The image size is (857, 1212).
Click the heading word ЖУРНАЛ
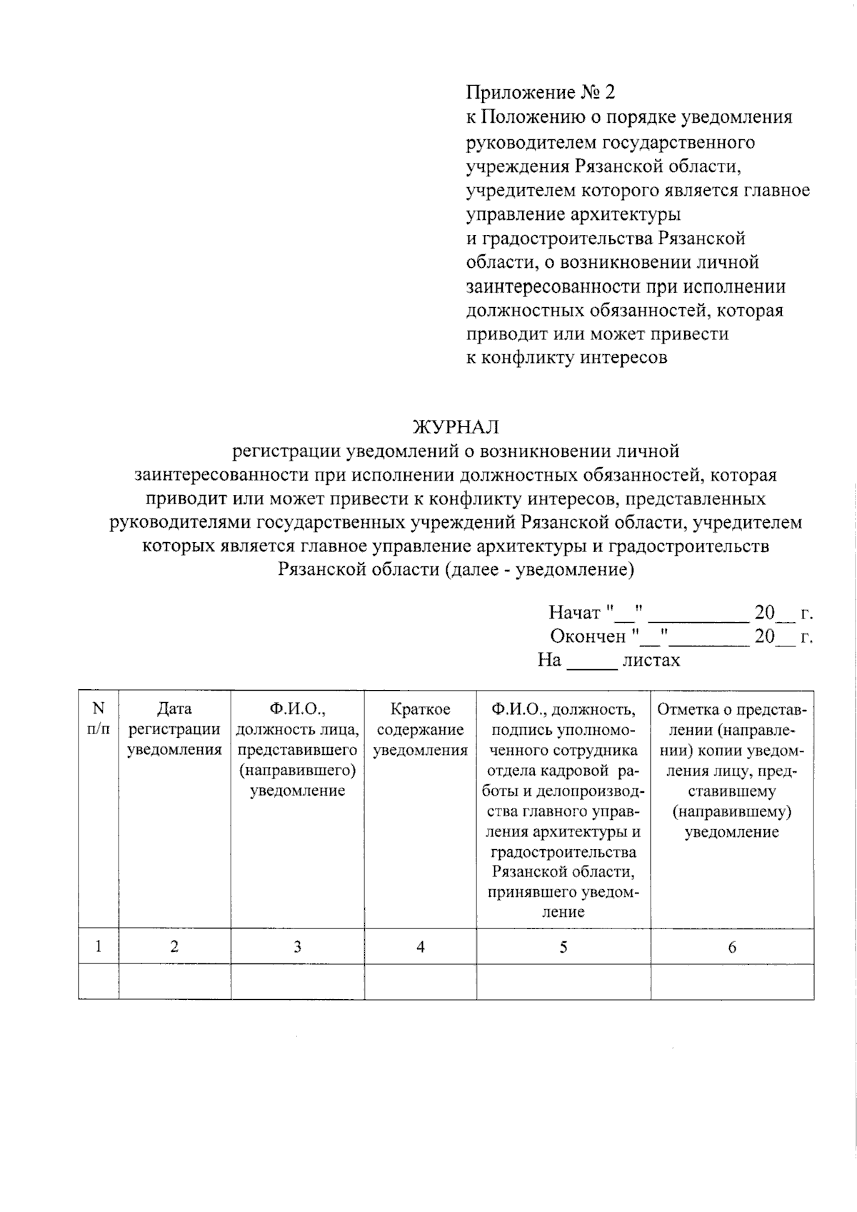[x=456, y=427]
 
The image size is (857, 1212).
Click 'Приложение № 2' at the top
[x=540, y=92]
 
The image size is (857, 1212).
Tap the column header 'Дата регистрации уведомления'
[x=174, y=729]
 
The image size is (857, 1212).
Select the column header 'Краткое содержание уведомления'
[x=420, y=729]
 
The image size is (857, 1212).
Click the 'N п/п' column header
[x=99, y=718]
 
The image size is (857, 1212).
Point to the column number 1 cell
[x=99, y=947]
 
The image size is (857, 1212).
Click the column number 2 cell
[x=174, y=947]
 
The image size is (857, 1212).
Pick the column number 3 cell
[x=297, y=947]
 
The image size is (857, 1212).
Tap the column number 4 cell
[x=420, y=947]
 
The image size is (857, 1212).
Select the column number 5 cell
[x=563, y=947]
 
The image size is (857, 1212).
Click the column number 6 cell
[x=732, y=947]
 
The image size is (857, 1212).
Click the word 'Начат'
[x=574, y=613]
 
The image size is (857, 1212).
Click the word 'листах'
[x=651, y=661]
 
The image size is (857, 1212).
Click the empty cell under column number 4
[x=420, y=982]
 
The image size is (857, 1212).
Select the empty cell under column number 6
[x=732, y=982]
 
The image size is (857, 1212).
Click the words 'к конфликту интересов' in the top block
[x=566, y=358]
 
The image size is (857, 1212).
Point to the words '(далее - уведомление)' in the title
[x=538, y=570]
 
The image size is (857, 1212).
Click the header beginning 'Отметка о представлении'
[x=732, y=771]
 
